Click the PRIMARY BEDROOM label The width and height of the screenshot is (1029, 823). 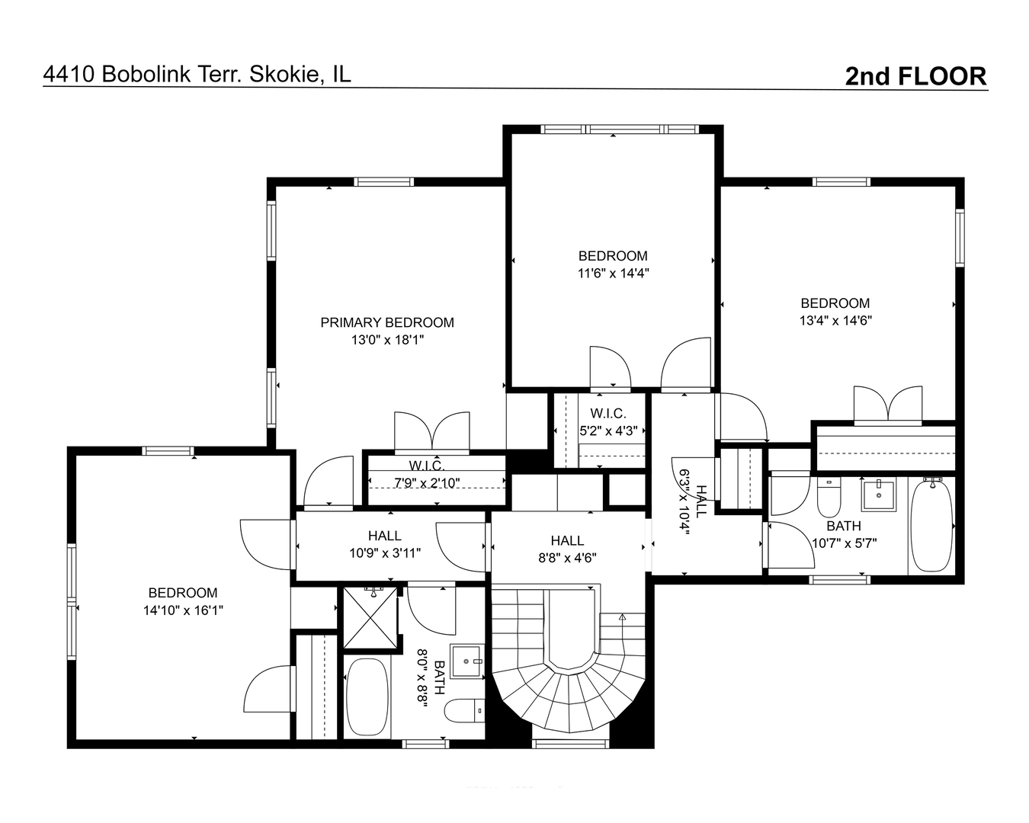coord(387,322)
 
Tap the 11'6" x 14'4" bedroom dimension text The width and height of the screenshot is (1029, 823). coord(613,273)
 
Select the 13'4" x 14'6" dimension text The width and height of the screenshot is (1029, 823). coord(835,320)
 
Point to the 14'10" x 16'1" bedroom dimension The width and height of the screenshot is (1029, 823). coord(183,610)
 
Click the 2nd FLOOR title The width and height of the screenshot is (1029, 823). coord(915,76)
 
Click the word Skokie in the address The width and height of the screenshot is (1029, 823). coord(284,74)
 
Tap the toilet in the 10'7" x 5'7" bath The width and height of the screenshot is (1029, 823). coord(829,498)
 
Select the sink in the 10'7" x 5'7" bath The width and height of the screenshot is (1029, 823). coord(879,496)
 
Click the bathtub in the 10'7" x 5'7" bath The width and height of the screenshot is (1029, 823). coord(931,526)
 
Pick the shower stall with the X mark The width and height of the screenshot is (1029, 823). coord(370,618)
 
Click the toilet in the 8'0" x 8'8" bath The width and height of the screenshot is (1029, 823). coord(464,711)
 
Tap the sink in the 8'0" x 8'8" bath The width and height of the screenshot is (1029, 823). coord(467,661)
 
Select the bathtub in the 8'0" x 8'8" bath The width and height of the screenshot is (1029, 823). coord(367,697)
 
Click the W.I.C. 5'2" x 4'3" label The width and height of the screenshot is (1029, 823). coord(608,422)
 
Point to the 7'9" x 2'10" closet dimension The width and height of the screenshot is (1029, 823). coord(427,482)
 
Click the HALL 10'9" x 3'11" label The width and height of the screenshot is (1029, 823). coord(385,544)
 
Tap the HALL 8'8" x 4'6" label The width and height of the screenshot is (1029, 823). coord(568,549)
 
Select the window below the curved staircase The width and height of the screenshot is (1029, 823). coord(571,744)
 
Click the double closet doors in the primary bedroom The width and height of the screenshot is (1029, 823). coord(431,432)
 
